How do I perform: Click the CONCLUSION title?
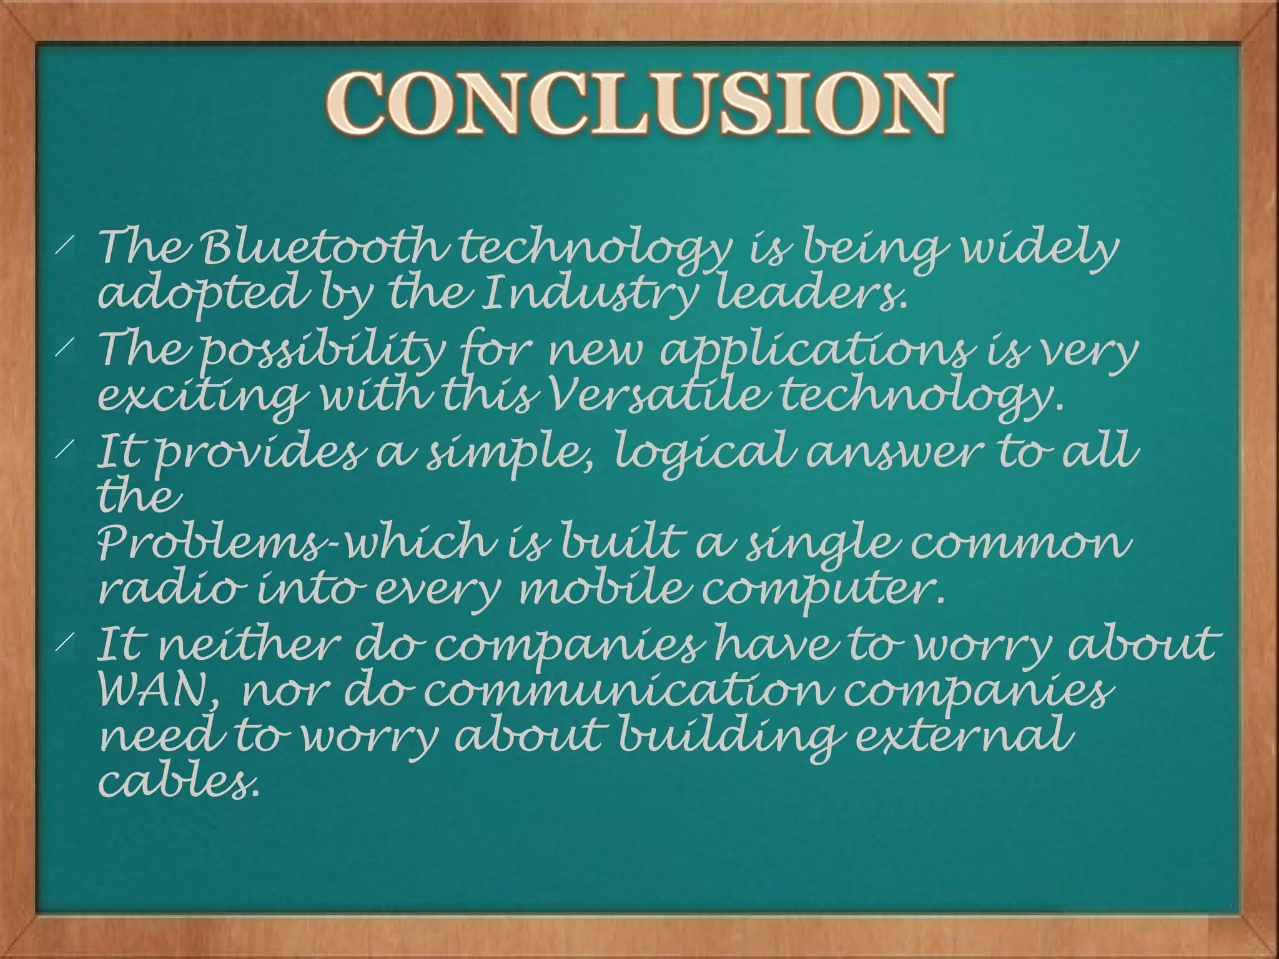click(x=638, y=103)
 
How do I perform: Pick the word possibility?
click(x=323, y=350)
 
